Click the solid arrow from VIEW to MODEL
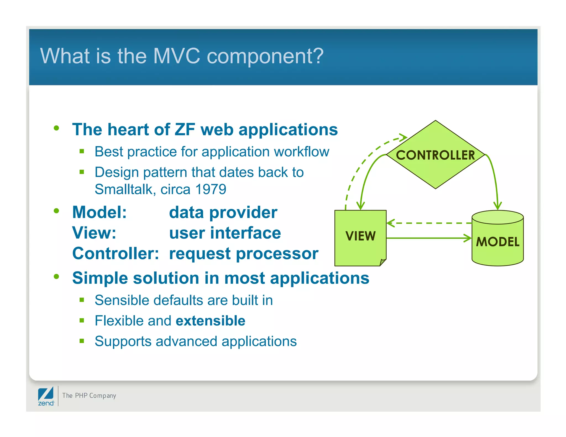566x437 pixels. pos(428,238)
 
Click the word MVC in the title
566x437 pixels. pos(176,56)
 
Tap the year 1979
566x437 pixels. pos(211,189)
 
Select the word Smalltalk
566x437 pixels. pos(124,189)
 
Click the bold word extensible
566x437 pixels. pos(210,321)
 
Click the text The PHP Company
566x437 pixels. pos(89,396)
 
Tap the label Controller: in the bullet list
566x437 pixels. pos(116,253)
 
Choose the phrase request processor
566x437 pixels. pos(243,253)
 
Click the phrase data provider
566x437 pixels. pos(223,212)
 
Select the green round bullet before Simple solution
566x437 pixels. pos(57,277)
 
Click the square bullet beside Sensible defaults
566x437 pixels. pos(82,300)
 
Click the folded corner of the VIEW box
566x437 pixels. pos(382,262)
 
